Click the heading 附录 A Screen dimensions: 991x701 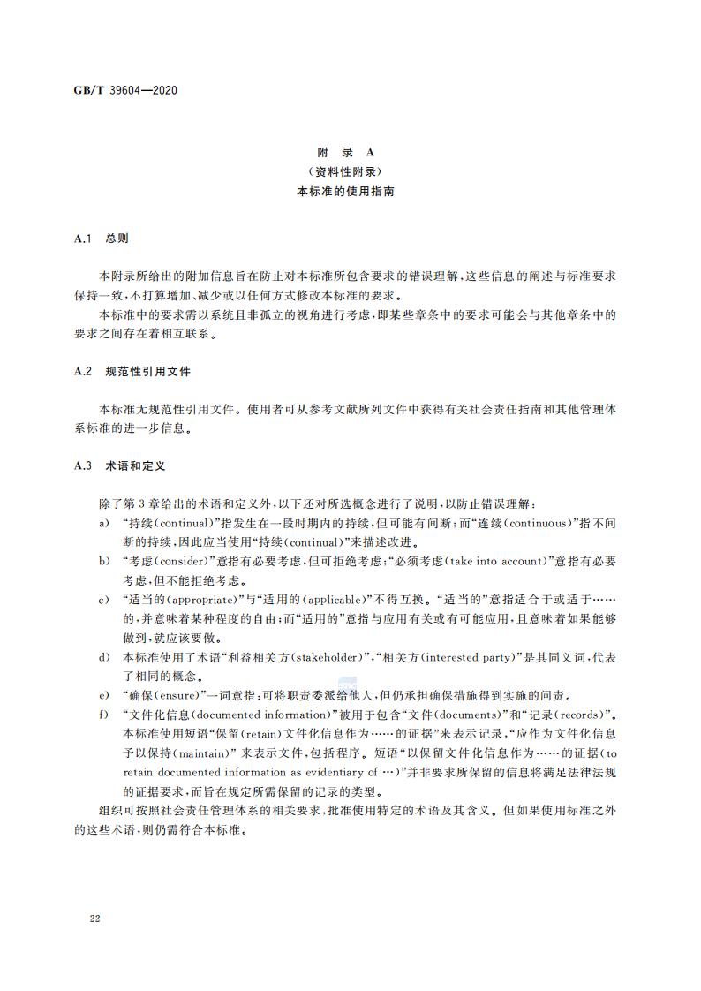tap(350, 152)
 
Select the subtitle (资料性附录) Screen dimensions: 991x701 tap(350, 171)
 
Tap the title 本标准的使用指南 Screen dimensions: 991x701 tap(350, 191)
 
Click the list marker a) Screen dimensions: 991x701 tap(104, 523)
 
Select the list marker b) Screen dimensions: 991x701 tap(104, 561)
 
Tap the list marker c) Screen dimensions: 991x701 tap(104, 600)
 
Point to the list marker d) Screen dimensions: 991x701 tap(104, 658)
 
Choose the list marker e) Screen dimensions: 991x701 tap(104, 696)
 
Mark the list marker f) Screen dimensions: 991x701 tap(104, 715)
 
